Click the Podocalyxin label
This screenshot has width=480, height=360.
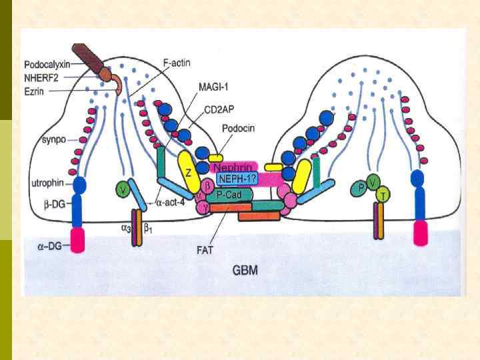click(47, 65)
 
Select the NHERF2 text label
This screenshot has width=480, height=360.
click(41, 77)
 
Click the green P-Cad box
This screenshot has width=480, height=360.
click(228, 194)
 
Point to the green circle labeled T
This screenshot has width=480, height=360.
click(383, 195)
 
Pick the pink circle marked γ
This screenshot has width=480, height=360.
click(203, 207)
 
